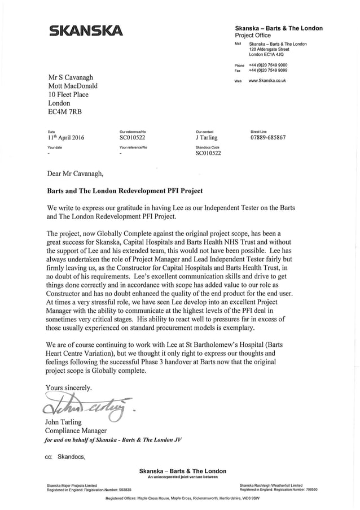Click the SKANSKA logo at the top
(84, 30)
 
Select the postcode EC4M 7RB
(65, 112)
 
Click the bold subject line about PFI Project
(125, 191)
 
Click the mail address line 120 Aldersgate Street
(269, 49)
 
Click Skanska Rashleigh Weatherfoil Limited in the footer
(271, 485)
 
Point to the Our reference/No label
(133, 132)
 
